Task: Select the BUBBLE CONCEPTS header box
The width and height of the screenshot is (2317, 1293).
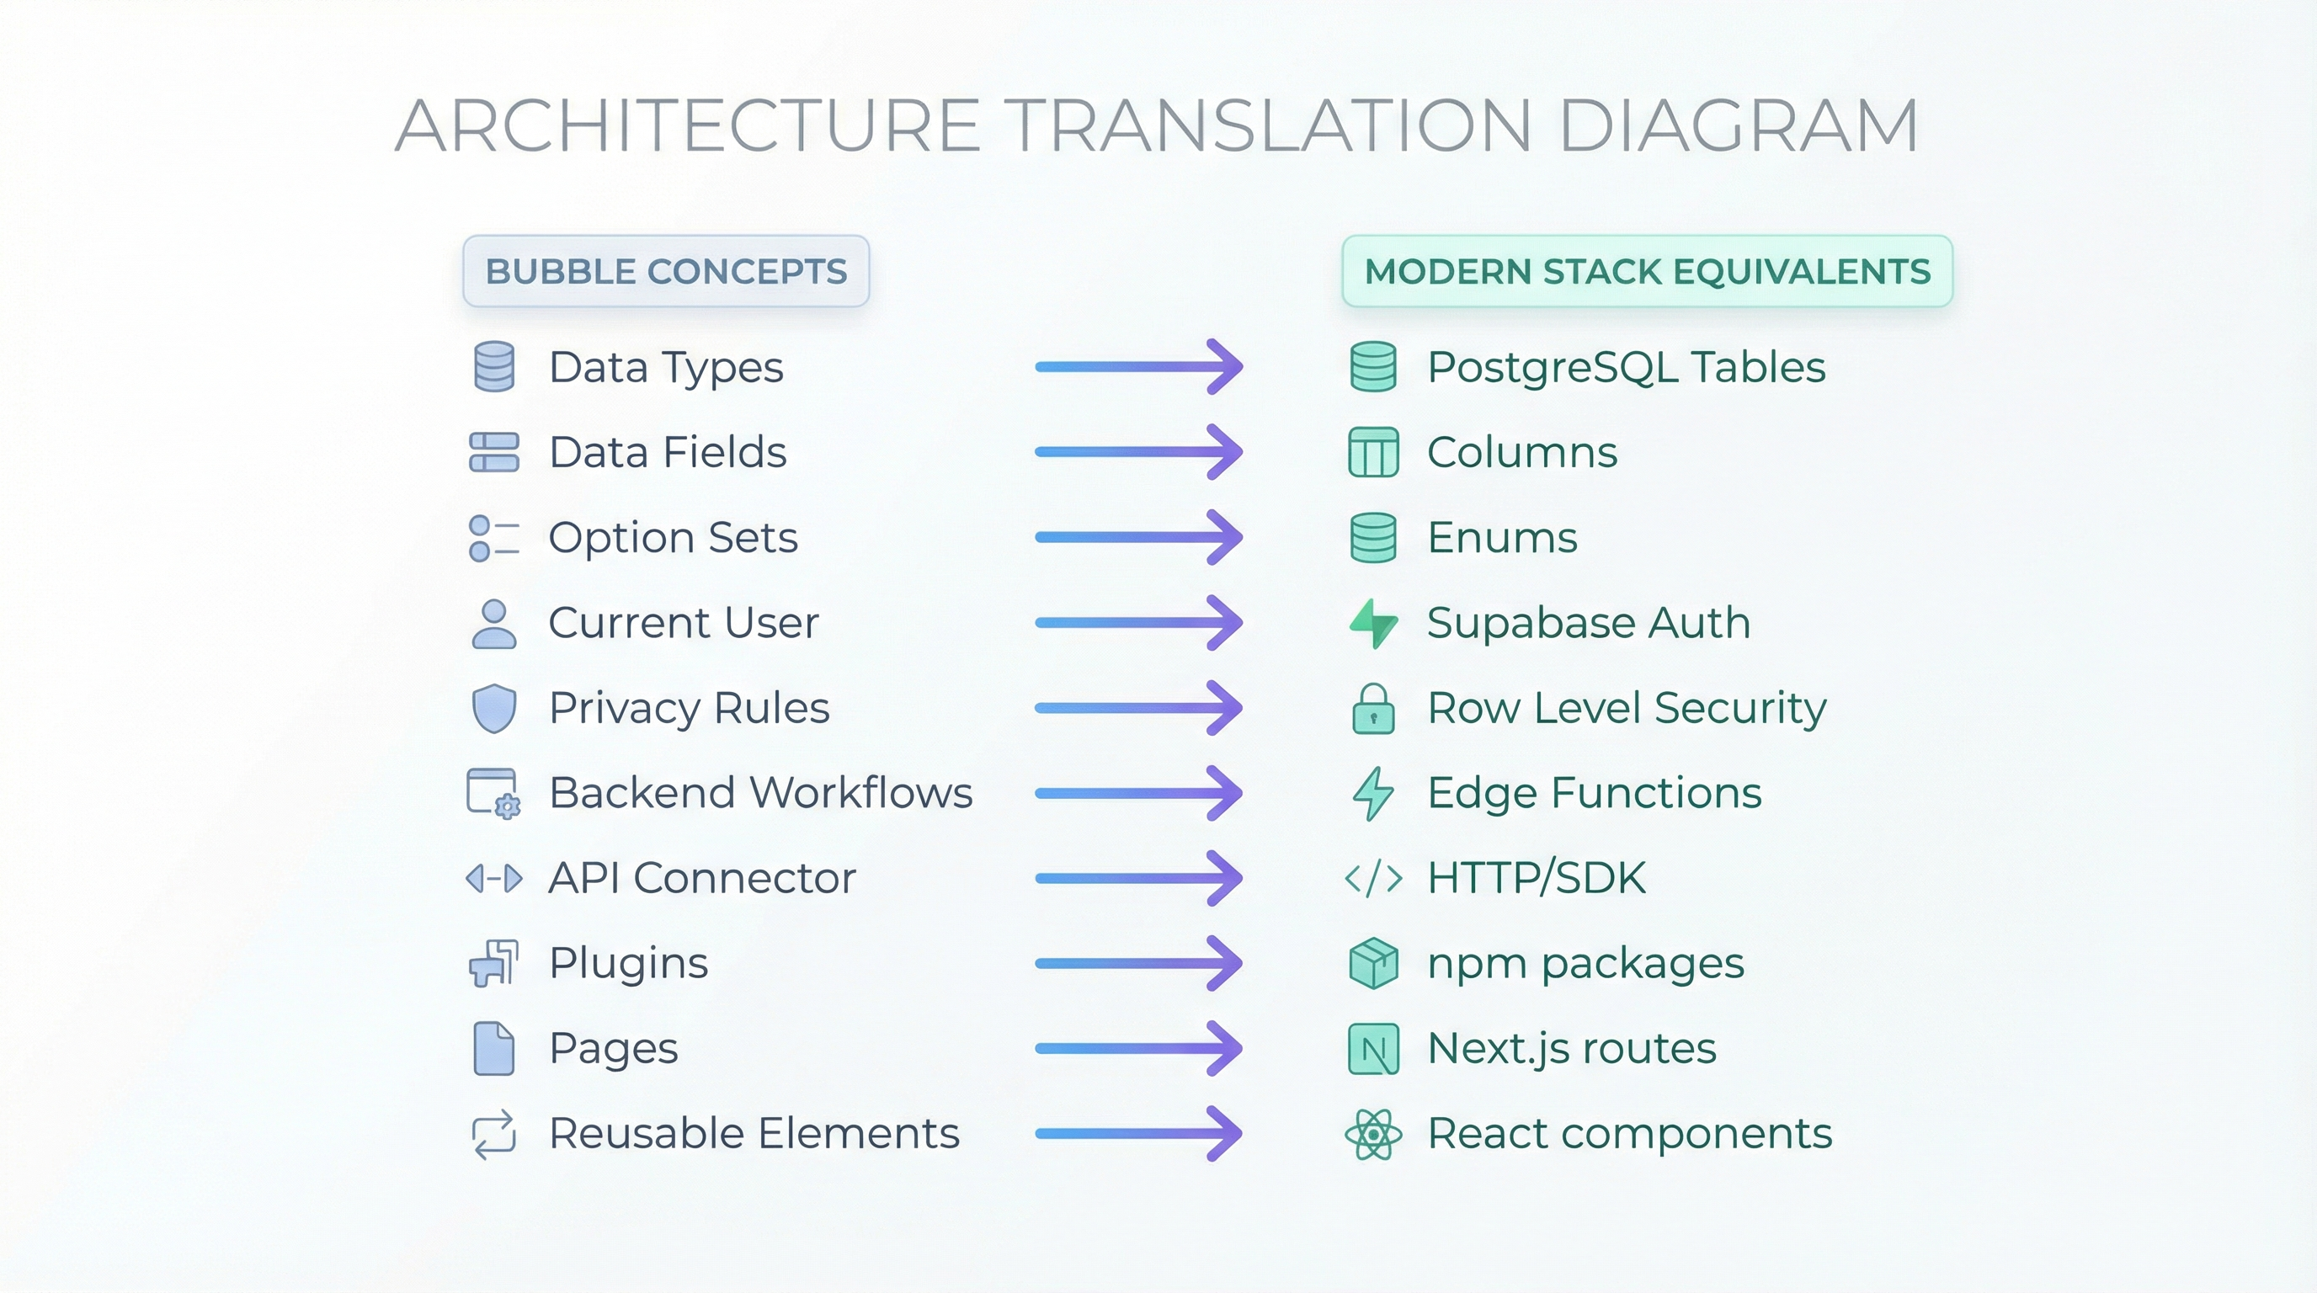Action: click(666, 271)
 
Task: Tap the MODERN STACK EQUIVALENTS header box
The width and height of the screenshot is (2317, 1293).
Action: click(1647, 271)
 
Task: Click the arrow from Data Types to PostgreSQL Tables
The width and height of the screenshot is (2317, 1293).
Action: click(1138, 366)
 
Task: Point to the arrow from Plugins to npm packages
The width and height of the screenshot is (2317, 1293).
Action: click(1138, 963)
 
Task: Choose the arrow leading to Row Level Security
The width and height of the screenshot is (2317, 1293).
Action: click(1138, 708)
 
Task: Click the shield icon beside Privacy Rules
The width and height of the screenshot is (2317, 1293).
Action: click(494, 709)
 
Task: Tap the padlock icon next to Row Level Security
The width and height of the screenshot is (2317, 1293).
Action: click(1373, 710)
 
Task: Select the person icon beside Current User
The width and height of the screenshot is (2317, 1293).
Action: click(494, 624)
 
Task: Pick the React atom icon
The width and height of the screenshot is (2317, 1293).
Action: click(1373, 1134)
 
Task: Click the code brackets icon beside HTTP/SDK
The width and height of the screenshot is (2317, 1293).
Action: click(1373, 879)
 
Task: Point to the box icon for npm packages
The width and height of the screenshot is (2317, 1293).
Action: click(1373, 963)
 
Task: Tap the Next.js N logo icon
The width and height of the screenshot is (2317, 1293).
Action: click(1373, 1048)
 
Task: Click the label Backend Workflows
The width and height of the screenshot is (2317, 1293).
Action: click(761, 793)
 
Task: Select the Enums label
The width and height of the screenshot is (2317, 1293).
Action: click(1502, 538)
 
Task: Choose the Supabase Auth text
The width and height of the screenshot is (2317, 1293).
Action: click(1589, 623)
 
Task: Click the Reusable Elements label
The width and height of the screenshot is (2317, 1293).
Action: click(754, 1133)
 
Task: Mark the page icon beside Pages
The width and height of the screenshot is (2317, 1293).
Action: click(494, 1048)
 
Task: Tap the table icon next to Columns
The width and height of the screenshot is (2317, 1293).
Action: click(1373, 452)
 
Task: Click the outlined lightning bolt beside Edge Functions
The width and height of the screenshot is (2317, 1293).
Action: click(1373, 793)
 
